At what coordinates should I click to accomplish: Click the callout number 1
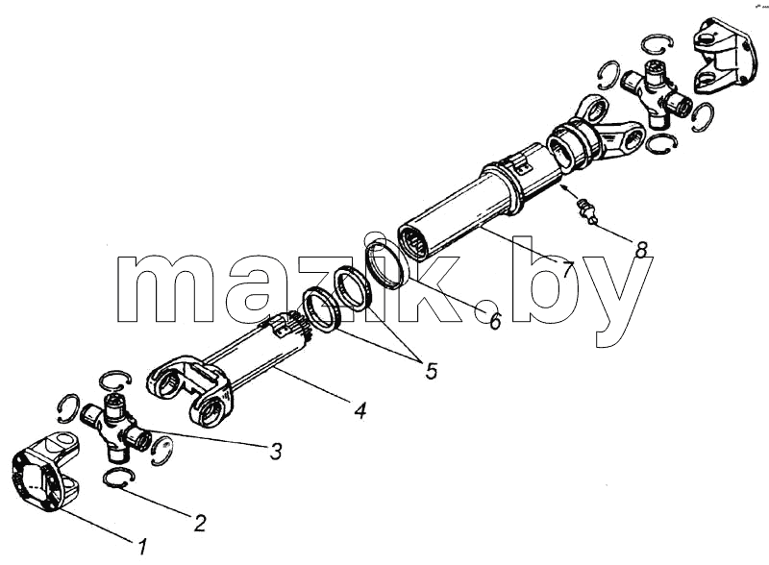pyautogui.click(x=142, y=547)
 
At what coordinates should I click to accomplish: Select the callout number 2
pyautogui.click(x=200, y=524)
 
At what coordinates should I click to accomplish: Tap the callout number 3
pyautogui.click(x=276, y=452)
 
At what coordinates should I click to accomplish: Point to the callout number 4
pyautogui.click(x=360, y=410)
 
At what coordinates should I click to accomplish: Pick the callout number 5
pyautogui.click(x=431, y=371)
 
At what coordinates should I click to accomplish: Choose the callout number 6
pyautogui.click(x=495, y=321)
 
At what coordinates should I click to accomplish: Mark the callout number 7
pyautogui.click(x=567, y=269)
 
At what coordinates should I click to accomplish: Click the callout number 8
pyautogui.click(x=640, y=249)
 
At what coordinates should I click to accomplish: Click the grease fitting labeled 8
pyautogui.click(x=587, y=210)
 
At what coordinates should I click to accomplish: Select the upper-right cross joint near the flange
pyautogui.click(x=657, y=92)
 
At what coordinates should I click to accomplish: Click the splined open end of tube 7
pyautogui.click(x=414, y=241)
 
